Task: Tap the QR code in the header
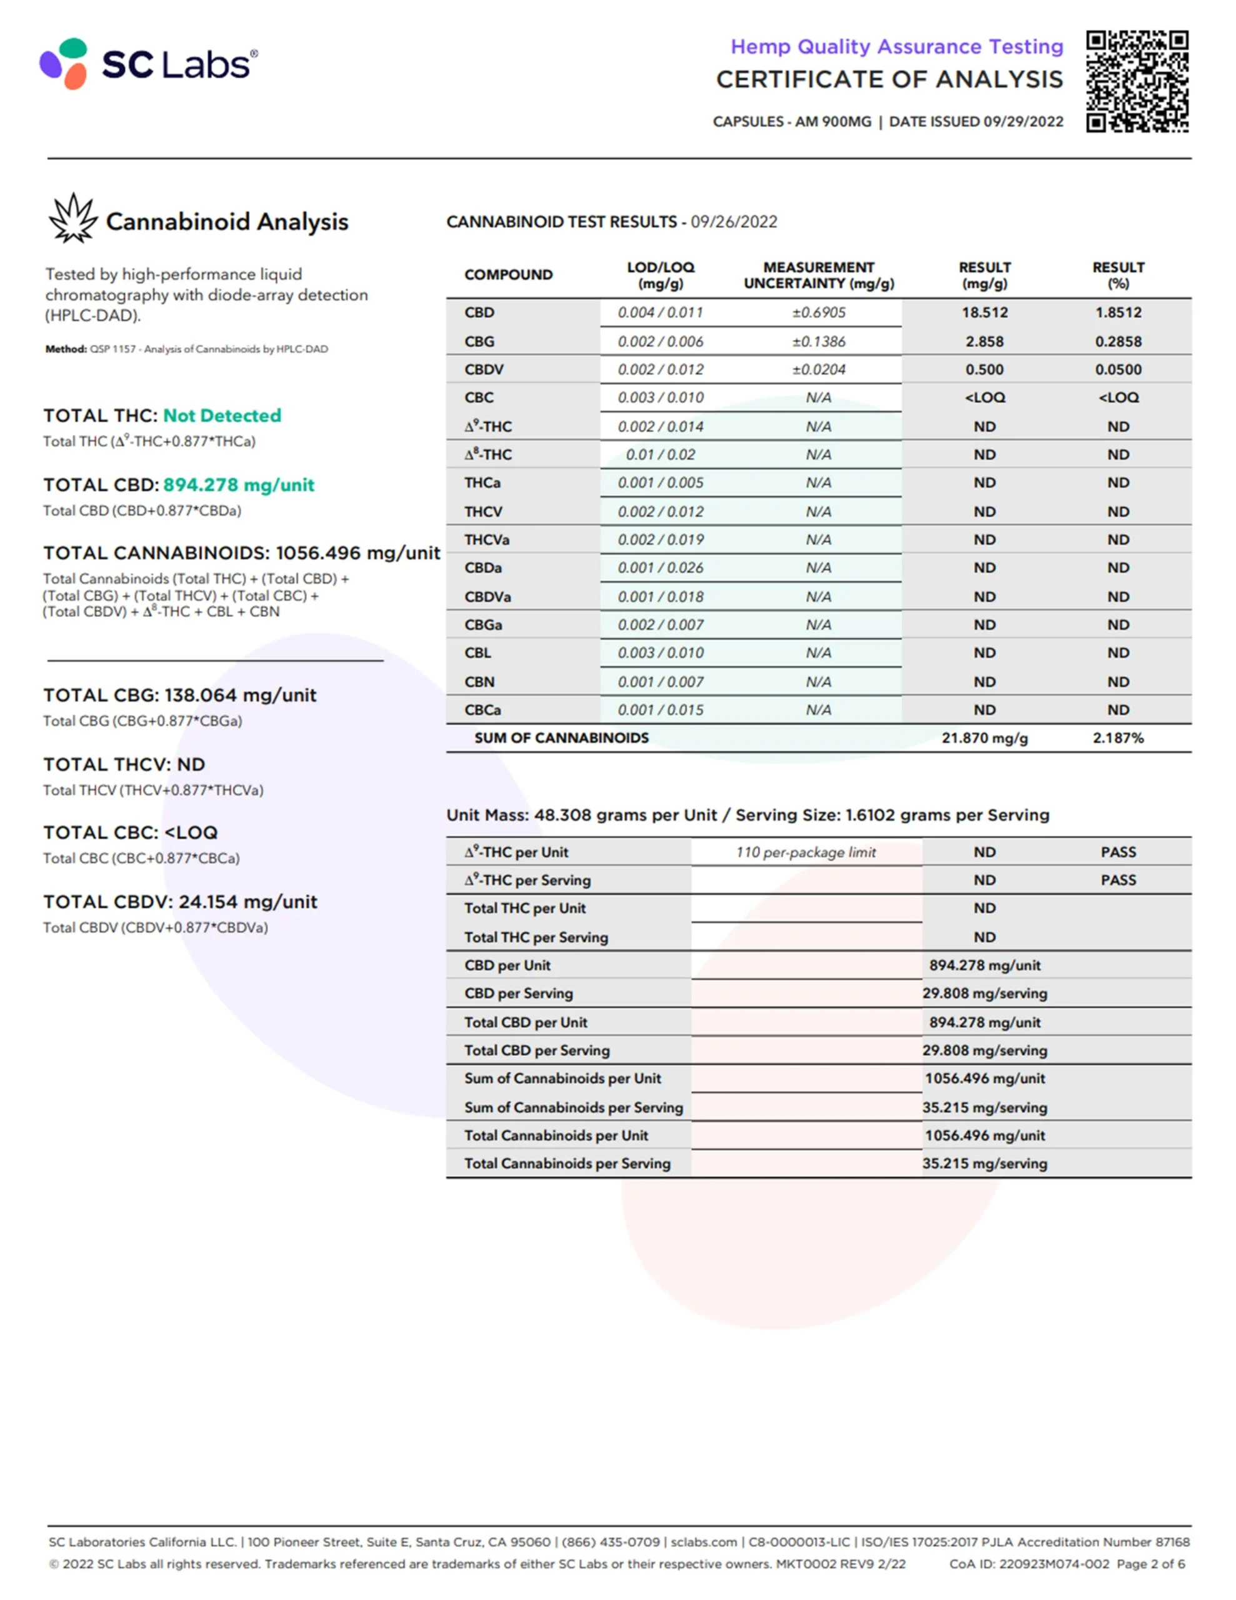1137,81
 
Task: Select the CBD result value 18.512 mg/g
984,313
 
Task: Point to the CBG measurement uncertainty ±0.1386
819,341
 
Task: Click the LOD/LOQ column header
660,276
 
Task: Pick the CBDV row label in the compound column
484,370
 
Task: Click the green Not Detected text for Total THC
222,416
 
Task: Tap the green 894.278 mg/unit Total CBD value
239,485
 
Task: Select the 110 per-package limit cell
806,852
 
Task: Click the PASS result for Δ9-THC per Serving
1118,881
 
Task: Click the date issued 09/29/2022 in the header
1023,122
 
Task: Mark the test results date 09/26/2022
734,222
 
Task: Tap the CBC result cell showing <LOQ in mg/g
984,397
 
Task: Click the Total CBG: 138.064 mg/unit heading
179,695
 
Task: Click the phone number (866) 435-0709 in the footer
611,1542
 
